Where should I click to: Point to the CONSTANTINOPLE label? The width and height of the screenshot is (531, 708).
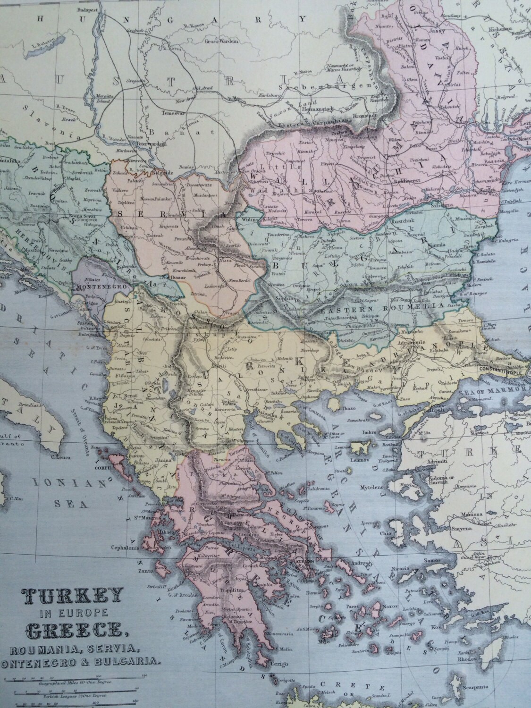501,371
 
